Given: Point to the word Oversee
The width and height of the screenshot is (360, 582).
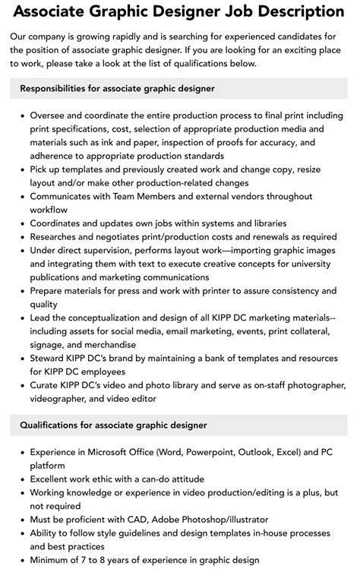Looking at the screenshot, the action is tap(50, 115).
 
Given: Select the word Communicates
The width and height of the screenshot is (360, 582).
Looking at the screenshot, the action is tap(65, 196).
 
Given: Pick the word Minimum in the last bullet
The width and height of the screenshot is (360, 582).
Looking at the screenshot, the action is tap(52, 560).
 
